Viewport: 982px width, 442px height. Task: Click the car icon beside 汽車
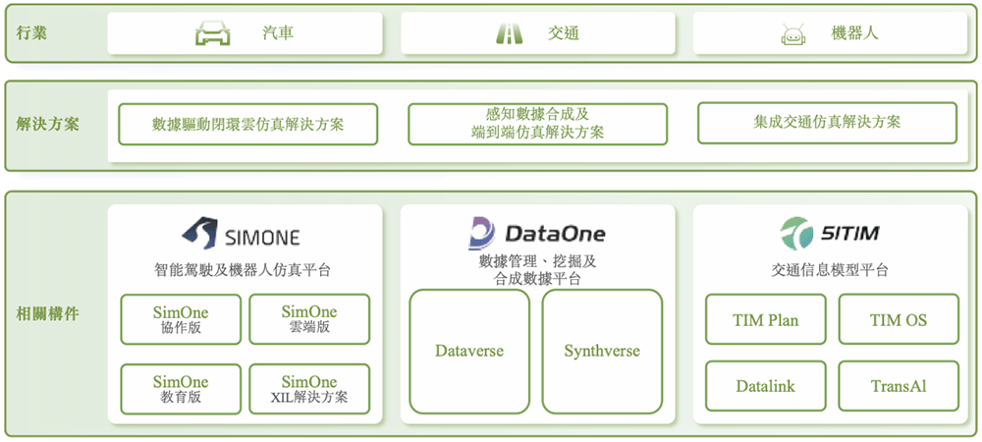[x=213, y=33]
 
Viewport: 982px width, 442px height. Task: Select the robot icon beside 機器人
[x=792, y=33]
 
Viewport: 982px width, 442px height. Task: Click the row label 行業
[x=31, y=33]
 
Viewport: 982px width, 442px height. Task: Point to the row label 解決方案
[x=47, y=124]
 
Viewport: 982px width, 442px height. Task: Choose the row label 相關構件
[x=47, y=313]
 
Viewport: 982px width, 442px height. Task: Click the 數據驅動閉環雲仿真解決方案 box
[x=248, y=124]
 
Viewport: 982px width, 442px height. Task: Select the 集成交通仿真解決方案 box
[x=827, y=123]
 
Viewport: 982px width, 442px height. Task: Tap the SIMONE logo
[x=242, y=234]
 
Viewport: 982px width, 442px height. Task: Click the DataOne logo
[x=537, y=234]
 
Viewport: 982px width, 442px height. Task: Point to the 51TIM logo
[x=830, y=234]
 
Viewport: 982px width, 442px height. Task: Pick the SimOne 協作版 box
[x=181, y=319]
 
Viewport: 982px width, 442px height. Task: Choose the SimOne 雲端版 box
[x=309, y=319]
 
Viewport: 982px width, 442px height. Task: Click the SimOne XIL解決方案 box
[x=309, y=389]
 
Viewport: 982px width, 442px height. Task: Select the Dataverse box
[x=469, y=352]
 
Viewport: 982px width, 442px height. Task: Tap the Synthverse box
[x=602, y=352]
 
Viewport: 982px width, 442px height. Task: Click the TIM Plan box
[x=766, y=319]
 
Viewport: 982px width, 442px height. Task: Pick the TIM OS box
[x=899, y=319]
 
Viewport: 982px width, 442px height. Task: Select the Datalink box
[x=766, y=386]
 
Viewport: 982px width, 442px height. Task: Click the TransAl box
[x=899, y=386]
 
